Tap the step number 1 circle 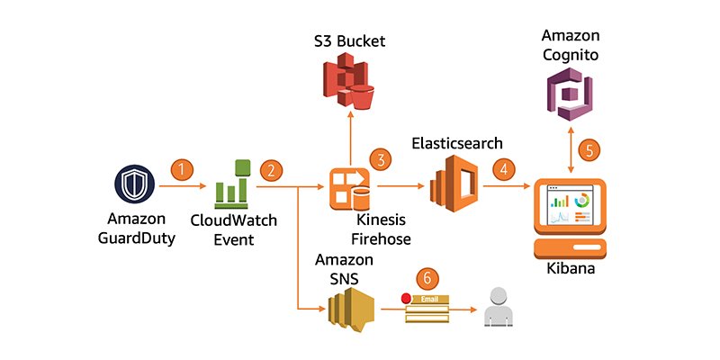(x=183, y=169)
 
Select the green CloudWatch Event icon (x=232, y=184)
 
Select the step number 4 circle (x=506, y=168)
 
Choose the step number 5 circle (x=589, y=149)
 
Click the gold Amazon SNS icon (x=351, y=310)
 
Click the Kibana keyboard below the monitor (x=571, y=247)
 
